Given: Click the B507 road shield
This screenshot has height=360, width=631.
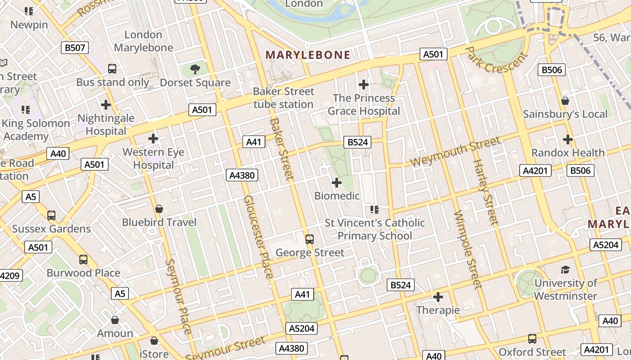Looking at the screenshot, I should click(75, 48).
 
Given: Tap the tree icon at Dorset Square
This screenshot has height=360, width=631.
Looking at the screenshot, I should click(195, 69).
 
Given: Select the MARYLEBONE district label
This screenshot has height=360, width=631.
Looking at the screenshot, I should click(308, 55).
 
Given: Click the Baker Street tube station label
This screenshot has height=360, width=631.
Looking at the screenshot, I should click(283, 98).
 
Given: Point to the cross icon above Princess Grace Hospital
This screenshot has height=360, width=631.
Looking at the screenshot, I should click(363, 84).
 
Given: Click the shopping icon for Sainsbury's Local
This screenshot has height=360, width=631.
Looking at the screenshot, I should click(565, 101).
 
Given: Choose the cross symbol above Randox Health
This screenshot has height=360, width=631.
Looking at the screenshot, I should click(568, 139).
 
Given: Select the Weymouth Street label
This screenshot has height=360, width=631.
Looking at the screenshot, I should click(456, 152).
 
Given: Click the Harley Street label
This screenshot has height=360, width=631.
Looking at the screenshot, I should click(486, 192).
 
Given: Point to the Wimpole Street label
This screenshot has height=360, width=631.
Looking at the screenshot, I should click(468, 250).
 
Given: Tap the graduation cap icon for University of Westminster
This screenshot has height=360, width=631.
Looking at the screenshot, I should click(565, 270).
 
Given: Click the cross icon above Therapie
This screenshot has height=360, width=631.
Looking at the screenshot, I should click(438, 297).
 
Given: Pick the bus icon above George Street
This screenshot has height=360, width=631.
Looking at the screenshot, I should click(310, 239).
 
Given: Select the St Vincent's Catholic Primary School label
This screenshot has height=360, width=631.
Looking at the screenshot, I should click(375, 229).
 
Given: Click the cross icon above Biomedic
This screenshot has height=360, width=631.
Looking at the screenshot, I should click(337, 183).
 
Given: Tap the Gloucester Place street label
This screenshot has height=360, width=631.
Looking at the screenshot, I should click(259, 237).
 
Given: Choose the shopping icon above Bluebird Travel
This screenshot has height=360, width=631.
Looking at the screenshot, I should click(159, 209).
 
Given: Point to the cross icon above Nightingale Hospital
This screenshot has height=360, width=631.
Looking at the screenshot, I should click(106, 105).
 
